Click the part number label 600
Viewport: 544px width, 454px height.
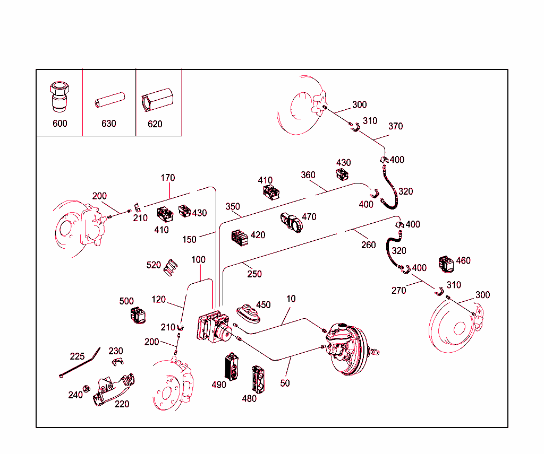(x=60, y=124)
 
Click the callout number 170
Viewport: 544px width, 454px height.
(x=168, y=178)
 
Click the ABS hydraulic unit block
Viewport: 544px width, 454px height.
(x=214, y=328)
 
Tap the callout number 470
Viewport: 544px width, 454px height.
(x=309, y=217)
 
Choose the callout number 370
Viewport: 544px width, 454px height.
(x=395, y=126)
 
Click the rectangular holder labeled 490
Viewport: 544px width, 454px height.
(x=232, y=365)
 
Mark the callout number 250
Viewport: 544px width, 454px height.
(x=254, y=274)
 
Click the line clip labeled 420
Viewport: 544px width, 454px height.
(x=241, y=238)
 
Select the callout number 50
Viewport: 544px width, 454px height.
(x=285, y=383)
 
